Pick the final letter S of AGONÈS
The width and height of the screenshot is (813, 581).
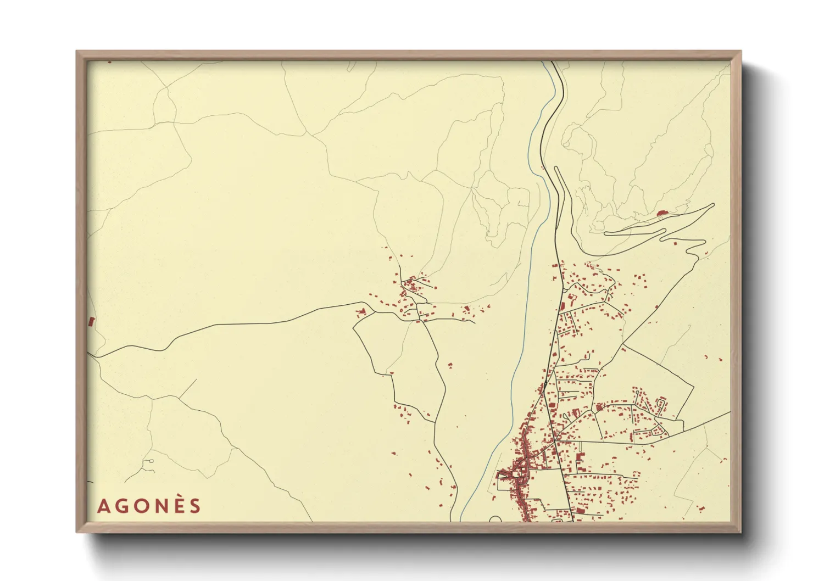click(x=195, y=506)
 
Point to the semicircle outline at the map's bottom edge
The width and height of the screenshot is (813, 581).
click(x=495, y=519)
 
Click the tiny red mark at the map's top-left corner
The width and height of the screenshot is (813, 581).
click(x=109, y=62)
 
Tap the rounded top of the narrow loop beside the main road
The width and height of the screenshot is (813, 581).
click(x=556, y=168)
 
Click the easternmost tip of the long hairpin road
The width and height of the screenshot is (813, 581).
click(x=714, y=205)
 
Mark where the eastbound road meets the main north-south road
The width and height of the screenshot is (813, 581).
click(x=556, y=441)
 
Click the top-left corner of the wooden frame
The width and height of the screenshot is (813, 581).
click(x=77, y=52)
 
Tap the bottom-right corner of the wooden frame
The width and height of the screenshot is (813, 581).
click(x=741, y=532)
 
